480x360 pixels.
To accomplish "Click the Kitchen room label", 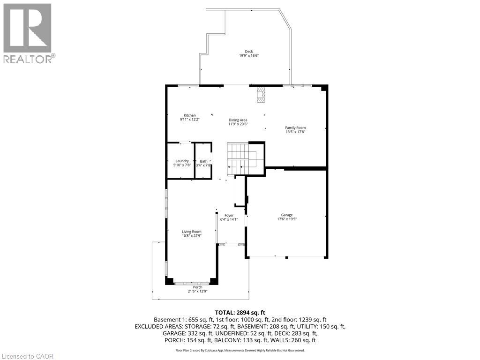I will tap(189, 115).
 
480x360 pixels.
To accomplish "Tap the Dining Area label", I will tap(238, 120).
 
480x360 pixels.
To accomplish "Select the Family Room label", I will tap(295, 127).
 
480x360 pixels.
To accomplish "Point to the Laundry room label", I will tap(182, 161).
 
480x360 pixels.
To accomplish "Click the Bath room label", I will tap(203, 161).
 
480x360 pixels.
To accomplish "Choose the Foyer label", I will tap(229, 215).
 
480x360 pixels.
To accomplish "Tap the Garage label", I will tap(287, 215).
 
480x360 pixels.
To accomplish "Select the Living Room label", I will tap(191, 232).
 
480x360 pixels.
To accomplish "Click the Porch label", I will tap(197, 287).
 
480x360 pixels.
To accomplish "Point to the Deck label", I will tap(249, 52).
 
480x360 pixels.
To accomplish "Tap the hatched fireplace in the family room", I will tap(261, 95).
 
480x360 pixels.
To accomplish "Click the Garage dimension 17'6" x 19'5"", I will tap(287, 219).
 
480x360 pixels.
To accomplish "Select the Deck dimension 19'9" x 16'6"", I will tap(249, 56).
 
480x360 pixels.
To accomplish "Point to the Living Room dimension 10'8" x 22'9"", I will tap(191, 236).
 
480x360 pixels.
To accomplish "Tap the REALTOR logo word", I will tap(29, 59).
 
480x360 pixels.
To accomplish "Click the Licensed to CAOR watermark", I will tap(27, 356).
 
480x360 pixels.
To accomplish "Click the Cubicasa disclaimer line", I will tap(240, 350).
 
